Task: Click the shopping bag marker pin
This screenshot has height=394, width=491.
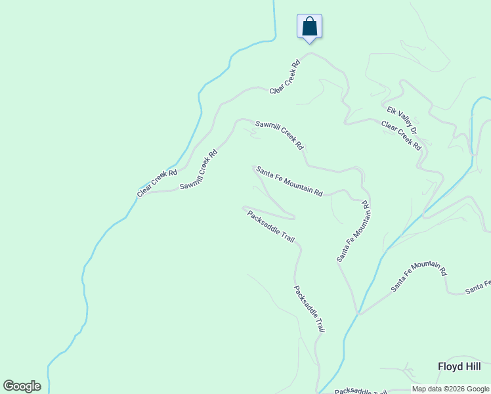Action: tap(310, 28)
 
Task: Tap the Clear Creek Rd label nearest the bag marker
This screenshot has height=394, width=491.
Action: tap(285, 76)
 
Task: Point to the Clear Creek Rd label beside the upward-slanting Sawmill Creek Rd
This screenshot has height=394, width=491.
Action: tap(158, 183)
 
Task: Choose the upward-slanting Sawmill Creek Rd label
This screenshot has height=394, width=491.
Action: tap(198, 171)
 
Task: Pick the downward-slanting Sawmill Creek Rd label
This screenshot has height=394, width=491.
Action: tap(279, 134)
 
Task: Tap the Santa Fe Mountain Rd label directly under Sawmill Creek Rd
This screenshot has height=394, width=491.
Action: tap(289, 181)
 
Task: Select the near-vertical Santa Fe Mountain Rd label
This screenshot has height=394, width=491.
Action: tap(354, 236)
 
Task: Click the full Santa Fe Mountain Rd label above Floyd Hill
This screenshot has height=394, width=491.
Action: tap(419, 276)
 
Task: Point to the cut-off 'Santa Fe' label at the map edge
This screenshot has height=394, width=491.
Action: tap(478, 287)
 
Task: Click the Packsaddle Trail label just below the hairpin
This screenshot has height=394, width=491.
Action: tap(270, 225)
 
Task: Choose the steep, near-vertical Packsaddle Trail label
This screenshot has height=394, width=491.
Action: tap(309, 309)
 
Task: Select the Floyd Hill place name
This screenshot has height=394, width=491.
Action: tap(460, 366)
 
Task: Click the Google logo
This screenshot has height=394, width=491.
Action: tap(22, 386)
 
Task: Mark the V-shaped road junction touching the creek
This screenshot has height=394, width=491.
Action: tap(358, 313)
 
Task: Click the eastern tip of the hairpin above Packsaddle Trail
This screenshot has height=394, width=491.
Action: tap(293, 217)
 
